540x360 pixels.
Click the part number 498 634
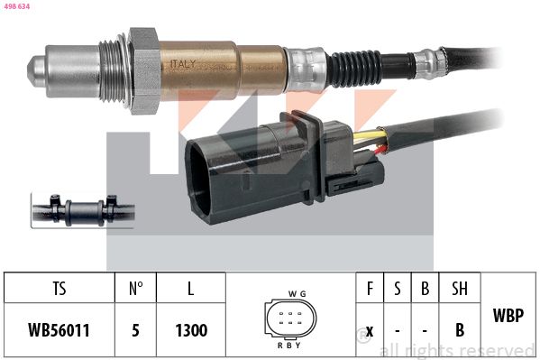pos(17,6)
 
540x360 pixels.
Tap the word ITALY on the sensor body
pos(183,64)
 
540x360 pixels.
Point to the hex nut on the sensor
pos(143,71)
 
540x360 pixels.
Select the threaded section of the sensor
pos(113,71)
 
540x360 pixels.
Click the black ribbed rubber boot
pos(354,69)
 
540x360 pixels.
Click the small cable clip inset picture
pos(83,211)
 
